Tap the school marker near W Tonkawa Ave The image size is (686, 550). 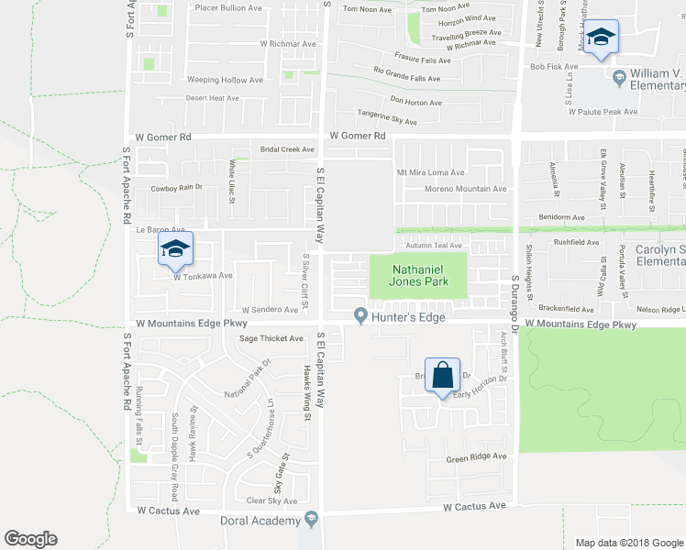coord(176,247)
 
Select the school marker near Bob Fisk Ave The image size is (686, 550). coord(601,38)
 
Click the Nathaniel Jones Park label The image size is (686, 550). coord(417,275)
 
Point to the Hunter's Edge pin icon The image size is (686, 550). coord(361,316)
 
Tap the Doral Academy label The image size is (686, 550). coord(260,521)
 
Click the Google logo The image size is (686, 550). coord(31,539)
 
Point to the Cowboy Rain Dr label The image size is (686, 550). coord(175,188)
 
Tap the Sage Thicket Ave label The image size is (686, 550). coord(271,338)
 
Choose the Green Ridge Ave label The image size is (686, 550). coord(476,456)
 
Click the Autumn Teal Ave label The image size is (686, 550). coord(434,246)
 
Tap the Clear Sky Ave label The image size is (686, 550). coord(271,500)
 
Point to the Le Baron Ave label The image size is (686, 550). coord(160,229)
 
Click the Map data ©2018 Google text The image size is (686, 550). coord(628,542)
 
